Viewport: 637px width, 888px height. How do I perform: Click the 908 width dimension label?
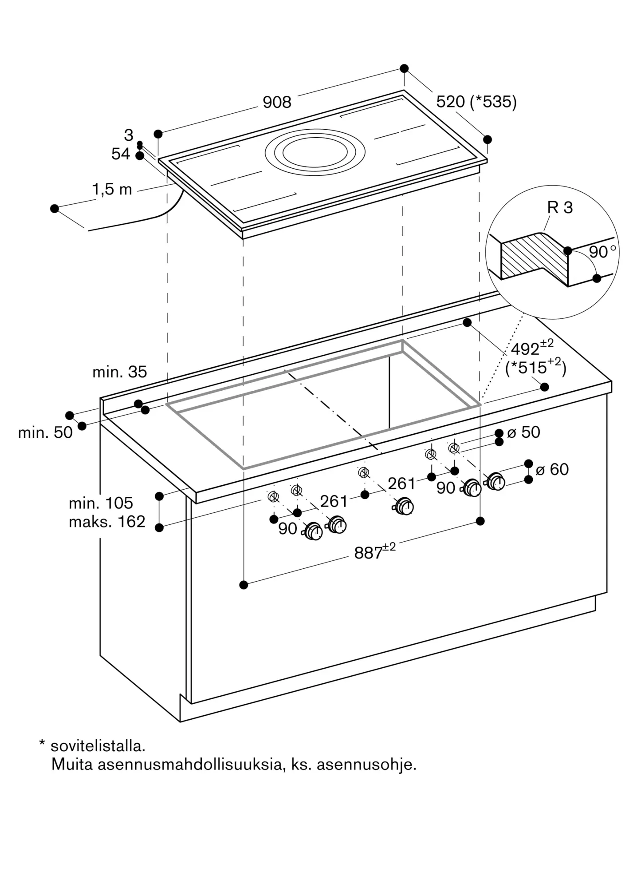tap(277, 103)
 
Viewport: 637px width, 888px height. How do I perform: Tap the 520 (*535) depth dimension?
tap(476, 102)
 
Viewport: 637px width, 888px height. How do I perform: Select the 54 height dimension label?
tap(121, 154)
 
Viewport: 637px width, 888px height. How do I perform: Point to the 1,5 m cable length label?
tap(112, 190)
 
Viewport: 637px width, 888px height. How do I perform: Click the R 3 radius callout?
tap(560, 207)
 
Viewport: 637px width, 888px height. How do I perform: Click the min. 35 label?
tap(119, 372)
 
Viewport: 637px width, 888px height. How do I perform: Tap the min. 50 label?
tap(45, 432)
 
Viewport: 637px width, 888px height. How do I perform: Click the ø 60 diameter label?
tap(552, 469)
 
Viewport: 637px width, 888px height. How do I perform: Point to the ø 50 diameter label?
tap(523, 432)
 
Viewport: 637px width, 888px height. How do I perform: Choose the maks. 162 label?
tap(107, 522)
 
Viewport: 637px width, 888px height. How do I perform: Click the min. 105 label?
tap(101, 503)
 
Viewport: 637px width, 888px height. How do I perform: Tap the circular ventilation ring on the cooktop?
tap(315, 132)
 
